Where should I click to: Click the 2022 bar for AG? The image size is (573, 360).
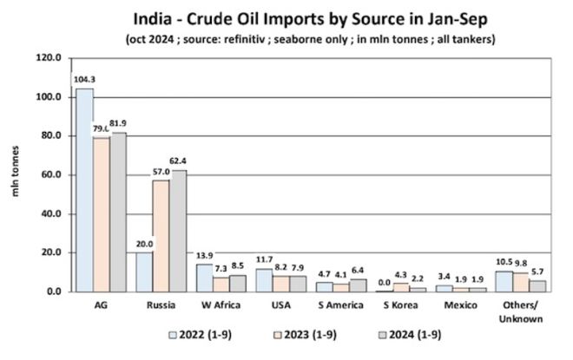pyautogui.click(x=84, y=190)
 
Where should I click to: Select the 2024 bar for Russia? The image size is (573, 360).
pyautogui.click(x=178, y=231)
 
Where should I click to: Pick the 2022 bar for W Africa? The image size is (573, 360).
pyautogui.click(x=203, y=278)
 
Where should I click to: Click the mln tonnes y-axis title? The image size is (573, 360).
pyautogui.click(x=15, y=174)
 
